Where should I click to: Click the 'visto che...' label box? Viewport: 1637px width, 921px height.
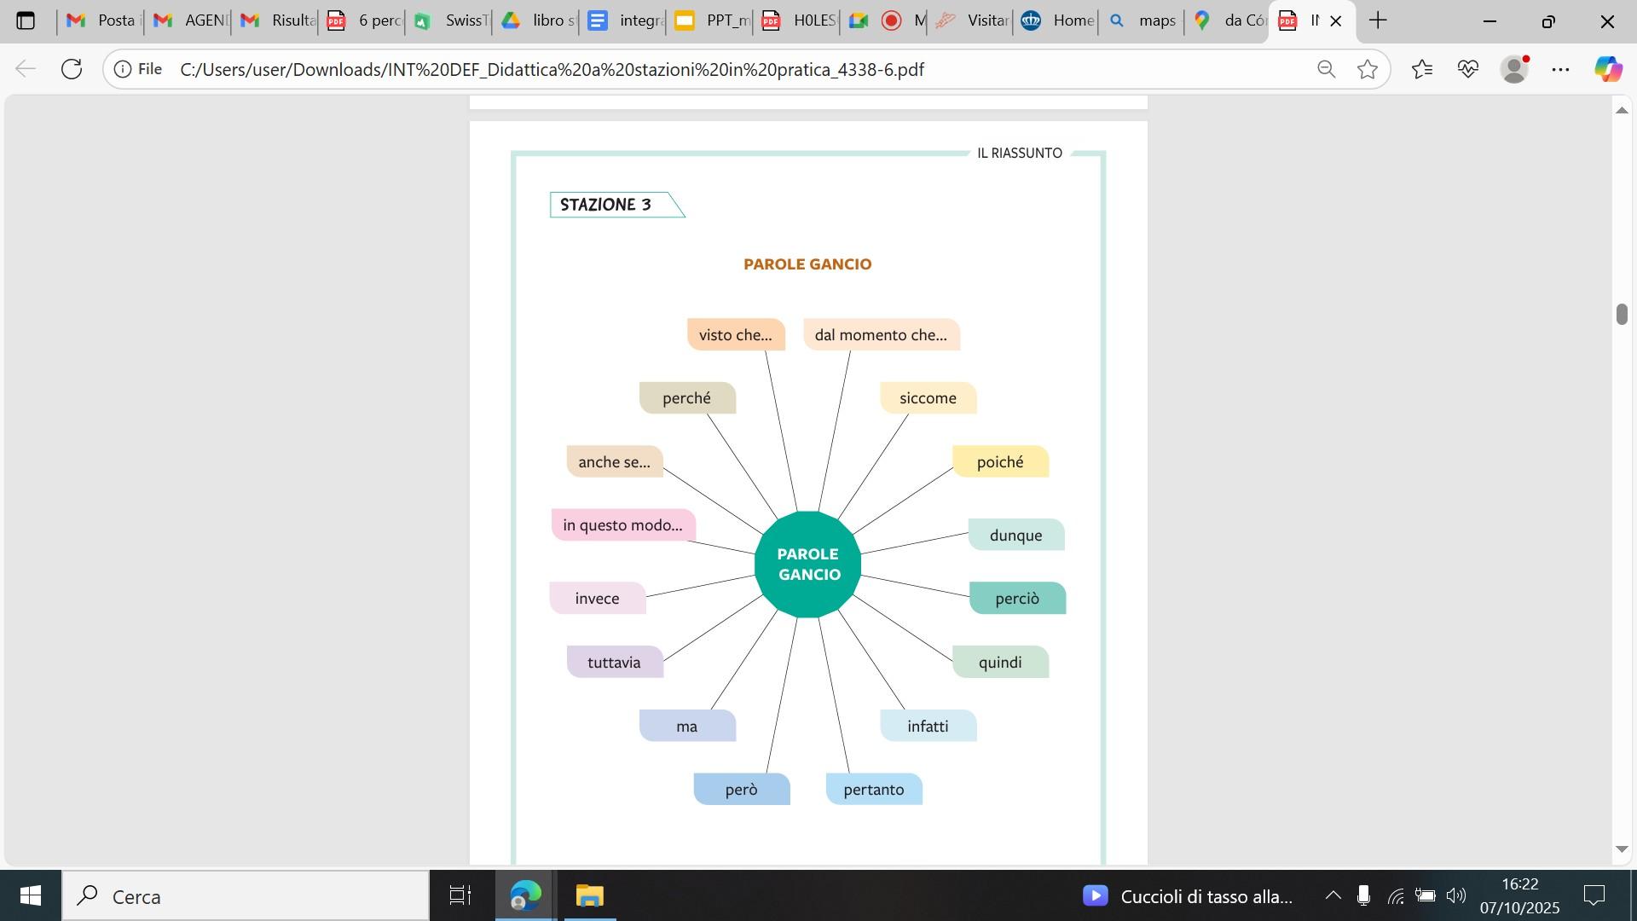pyautogui.click(x=736, y=335)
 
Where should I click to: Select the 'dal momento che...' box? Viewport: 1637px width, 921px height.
pyautogui.click(x=881, y=335)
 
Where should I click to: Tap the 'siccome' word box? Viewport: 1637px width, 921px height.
pyautogui.click(x=928, y=398)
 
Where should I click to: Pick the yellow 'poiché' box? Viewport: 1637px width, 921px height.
pyautogui.click(x=1000, y=462)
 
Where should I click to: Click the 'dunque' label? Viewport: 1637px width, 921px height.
pyautogui.click(x=1015, y=536)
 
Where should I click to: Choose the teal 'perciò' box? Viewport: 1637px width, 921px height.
pyautogui.click(x=1017, y=599)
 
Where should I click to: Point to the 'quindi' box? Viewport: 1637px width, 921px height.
pyautogui.click(x=1000, y=663)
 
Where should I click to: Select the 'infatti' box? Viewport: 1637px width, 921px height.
pyautogui.click(x=928, y=727)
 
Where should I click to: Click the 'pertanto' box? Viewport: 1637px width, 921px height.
pyautogui.click(x=874, y=790)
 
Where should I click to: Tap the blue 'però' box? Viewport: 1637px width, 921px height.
pyautogui.click(x=741, y=790)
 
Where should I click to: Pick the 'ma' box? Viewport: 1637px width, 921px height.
pyautogui.click(x=687, y=727)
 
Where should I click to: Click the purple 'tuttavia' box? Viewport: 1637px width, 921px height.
pyautogui.click(x=614, y=663)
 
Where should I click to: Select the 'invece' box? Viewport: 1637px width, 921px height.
pyautogui.click(x=597, y=599)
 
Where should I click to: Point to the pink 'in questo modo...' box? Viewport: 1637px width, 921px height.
pyautogui.click(x=622, y=525)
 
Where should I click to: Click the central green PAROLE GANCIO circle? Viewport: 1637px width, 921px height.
pyautogui.click(x=808, y=565)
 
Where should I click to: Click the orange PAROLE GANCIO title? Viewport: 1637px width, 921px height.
pyautogui.click(x=807, y=264)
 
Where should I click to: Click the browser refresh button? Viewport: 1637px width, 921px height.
pyautogui.click(x=72, y=69)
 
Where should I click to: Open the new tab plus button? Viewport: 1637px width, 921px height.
pyautogui.click(x=1378, y=20)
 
